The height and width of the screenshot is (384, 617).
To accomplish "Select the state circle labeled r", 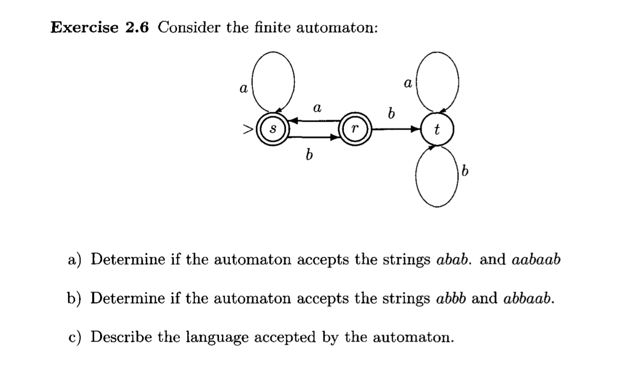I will click(x=356, y=129).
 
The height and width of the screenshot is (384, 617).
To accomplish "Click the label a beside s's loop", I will click(x=242, y=88).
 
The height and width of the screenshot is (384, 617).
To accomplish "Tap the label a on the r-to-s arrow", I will click(x=316, y=109).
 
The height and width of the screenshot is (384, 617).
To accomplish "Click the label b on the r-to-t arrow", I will click(x=391, y=114).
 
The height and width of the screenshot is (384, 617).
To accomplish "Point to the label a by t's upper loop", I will click(x=407, y=84).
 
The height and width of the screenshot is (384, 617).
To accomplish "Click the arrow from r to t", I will click(x=396, y=130).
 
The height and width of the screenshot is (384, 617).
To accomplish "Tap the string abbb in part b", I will click(x=452, y=298).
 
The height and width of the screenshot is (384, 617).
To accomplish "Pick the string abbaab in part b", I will click(x=528, y=298).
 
